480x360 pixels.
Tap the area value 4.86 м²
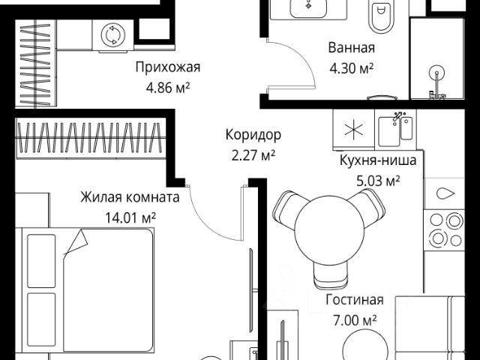(x=168, y=88)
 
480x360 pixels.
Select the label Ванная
(x=351, y=49)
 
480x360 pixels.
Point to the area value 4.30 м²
(x=351, y=68)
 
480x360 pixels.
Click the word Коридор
(x=253, y=136)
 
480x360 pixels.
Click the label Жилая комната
(x=130, y=199)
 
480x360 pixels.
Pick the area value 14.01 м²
(x=130, y=218)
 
